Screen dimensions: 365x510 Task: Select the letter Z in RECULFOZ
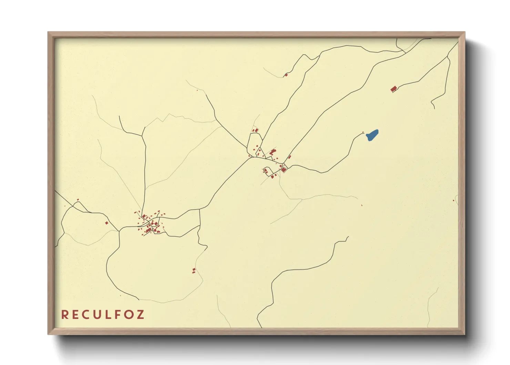click(x=140, y=315)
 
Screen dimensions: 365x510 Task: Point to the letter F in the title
click(x=118, y=315)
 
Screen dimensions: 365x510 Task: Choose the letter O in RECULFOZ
click(x=129, y=315)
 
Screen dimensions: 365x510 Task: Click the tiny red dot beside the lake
click(x=363, y=132)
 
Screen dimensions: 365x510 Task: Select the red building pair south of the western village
click(x=194, y=271)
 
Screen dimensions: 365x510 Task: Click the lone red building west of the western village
click(x=106, y=223)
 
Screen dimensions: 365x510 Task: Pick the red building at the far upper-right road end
click(x=393, y=89)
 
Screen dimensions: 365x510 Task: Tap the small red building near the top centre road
click(x=286, y=75)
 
